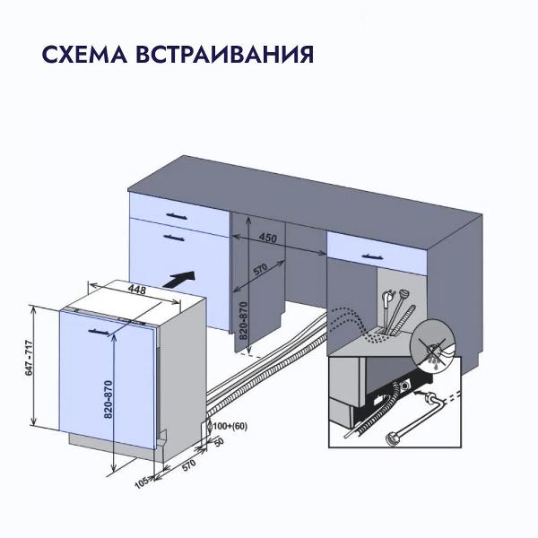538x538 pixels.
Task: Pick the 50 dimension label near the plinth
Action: coord(219,443)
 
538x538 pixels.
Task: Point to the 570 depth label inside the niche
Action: coord(260,270)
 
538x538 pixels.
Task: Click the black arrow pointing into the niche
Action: coord(183,278)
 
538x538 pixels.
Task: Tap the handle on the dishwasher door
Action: coord(100,332)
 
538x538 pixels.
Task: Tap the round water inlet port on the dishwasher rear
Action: coord(412,387)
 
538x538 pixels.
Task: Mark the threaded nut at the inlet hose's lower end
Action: coord(393,438)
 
